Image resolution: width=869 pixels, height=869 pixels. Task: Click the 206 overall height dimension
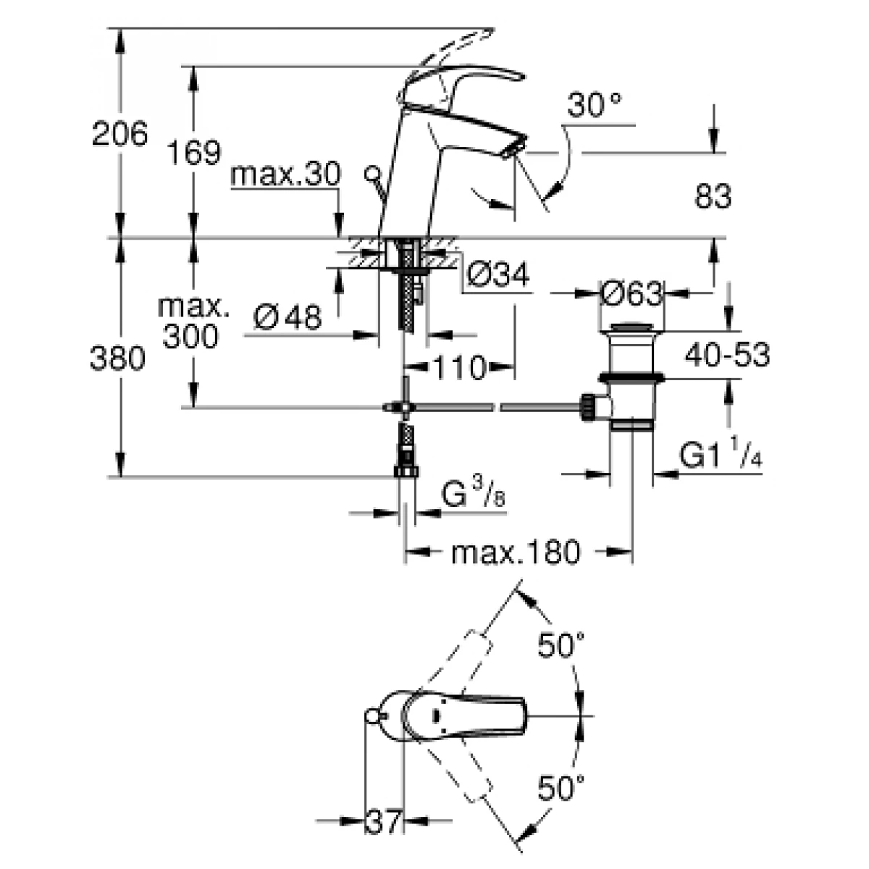[119, 134]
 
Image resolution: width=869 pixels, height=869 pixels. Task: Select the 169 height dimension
[193, 153]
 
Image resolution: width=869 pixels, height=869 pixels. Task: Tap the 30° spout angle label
[594, 106]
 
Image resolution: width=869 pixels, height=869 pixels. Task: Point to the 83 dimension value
[713, 196]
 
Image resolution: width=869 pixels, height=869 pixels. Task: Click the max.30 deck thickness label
[285, 176]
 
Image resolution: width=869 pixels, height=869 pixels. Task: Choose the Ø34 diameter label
[498, 274]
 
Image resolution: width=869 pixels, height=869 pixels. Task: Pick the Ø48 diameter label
[289, 316]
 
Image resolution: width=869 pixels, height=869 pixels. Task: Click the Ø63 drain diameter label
[631, 293]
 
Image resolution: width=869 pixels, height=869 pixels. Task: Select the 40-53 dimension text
[726, 355]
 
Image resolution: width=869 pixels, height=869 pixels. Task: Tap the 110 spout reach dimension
[459, 369]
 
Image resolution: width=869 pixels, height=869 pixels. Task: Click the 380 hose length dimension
[118, 358]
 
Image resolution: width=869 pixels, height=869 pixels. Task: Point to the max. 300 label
[191, 322]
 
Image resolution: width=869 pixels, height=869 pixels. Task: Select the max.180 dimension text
[516, 553]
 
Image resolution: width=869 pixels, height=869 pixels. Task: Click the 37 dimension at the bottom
[382, 821]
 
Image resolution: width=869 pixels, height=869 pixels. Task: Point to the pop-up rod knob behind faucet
[372, 174]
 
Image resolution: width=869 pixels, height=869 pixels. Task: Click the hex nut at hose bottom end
[406, 471]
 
